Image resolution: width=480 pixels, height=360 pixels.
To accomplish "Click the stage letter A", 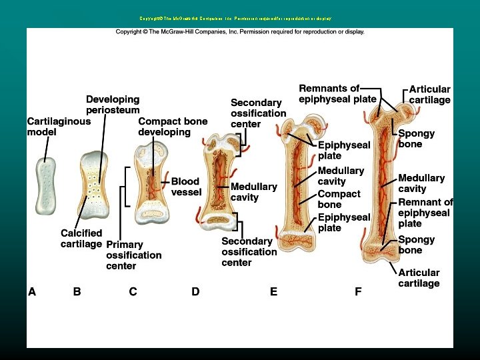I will (x=32, y=291).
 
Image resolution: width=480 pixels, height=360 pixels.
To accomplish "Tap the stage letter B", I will (x=77, y=291).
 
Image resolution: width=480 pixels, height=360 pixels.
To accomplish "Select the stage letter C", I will (x=133, y=291).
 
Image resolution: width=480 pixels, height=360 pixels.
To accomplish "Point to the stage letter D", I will (x=195, y=291).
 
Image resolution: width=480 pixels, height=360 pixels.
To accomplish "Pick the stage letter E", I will (x=273, y=291).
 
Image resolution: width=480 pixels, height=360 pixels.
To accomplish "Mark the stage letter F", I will (x=358, y=291).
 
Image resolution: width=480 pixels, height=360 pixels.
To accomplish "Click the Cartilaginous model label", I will (x=59, y=127).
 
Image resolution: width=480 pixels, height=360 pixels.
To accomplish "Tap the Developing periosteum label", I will (x=113, y=104).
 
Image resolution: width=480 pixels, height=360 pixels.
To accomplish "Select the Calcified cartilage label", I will (x=81, y=239).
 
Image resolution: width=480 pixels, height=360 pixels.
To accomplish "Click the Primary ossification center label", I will (x=133, y=255).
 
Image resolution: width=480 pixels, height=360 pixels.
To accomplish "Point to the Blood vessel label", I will (x=185, y=187).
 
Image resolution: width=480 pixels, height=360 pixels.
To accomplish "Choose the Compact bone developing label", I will (x=173, y=127).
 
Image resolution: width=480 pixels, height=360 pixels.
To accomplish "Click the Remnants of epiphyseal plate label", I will (x=329, y=94).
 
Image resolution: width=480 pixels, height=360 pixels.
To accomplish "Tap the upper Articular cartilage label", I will (x=429, y=94).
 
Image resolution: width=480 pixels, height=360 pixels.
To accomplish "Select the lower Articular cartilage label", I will (x=419, y=278).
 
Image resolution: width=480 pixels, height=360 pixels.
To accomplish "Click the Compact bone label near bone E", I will (x=339, y=199).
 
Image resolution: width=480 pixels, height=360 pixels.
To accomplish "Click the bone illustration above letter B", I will (x=93, y=186).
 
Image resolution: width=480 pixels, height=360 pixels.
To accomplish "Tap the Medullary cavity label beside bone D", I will (x=253, y=192).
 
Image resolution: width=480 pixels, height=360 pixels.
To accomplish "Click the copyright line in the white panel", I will (x=240, y=32).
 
